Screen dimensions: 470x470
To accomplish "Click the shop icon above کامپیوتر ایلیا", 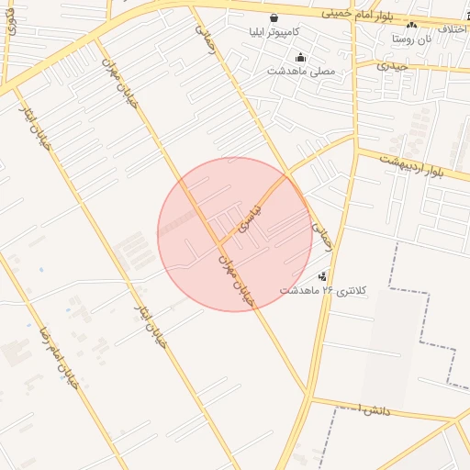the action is coord(274,17).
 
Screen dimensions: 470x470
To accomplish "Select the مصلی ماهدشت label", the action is coord(301,71).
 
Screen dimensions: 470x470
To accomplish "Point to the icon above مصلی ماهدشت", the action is coord(301,57).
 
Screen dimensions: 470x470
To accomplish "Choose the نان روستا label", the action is coord(410,39).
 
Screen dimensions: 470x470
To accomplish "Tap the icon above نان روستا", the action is coord(410,26).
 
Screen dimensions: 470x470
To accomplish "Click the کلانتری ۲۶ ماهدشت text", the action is coord(323,290).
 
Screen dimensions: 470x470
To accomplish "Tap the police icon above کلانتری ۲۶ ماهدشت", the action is coord(322,276).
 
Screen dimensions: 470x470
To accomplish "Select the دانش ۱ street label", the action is coord(375,408).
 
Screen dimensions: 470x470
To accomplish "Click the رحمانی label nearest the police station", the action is coord(320,237).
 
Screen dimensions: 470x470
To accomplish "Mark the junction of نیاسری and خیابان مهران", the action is coord(220,245).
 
